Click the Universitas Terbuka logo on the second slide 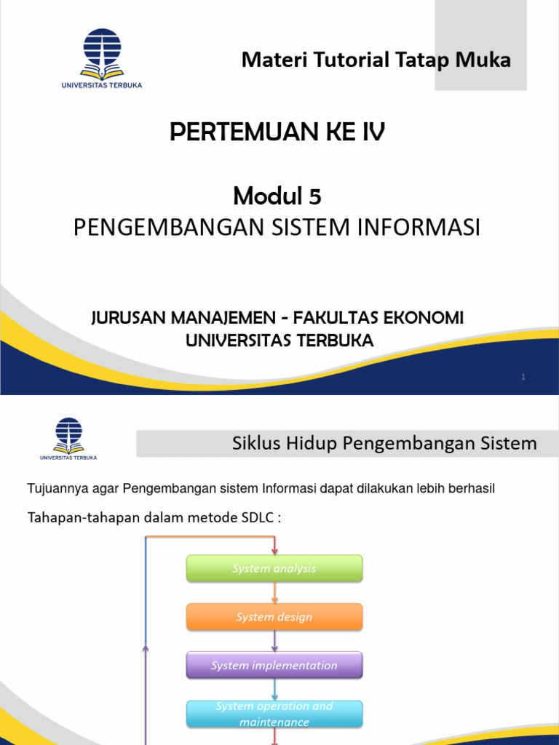68,438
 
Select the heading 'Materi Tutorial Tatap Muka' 376,60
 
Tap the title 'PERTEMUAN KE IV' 277,132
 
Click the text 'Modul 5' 277,196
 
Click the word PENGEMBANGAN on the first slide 155,228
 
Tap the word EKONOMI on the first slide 427,318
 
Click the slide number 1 523,377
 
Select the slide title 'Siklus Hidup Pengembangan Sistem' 384,443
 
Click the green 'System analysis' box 274,568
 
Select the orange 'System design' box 274,617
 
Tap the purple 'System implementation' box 274,666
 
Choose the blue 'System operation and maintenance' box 274,714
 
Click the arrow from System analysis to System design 274,593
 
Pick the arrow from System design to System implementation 274,641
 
